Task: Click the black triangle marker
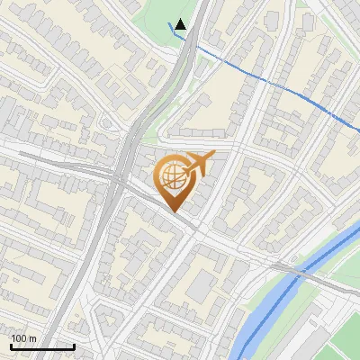(181, 24)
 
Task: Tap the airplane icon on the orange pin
(196, 164)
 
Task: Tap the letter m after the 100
(33, 338)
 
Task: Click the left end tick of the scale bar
(11, 346)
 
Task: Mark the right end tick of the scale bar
(74, 346)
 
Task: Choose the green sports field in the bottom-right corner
(342, 346)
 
